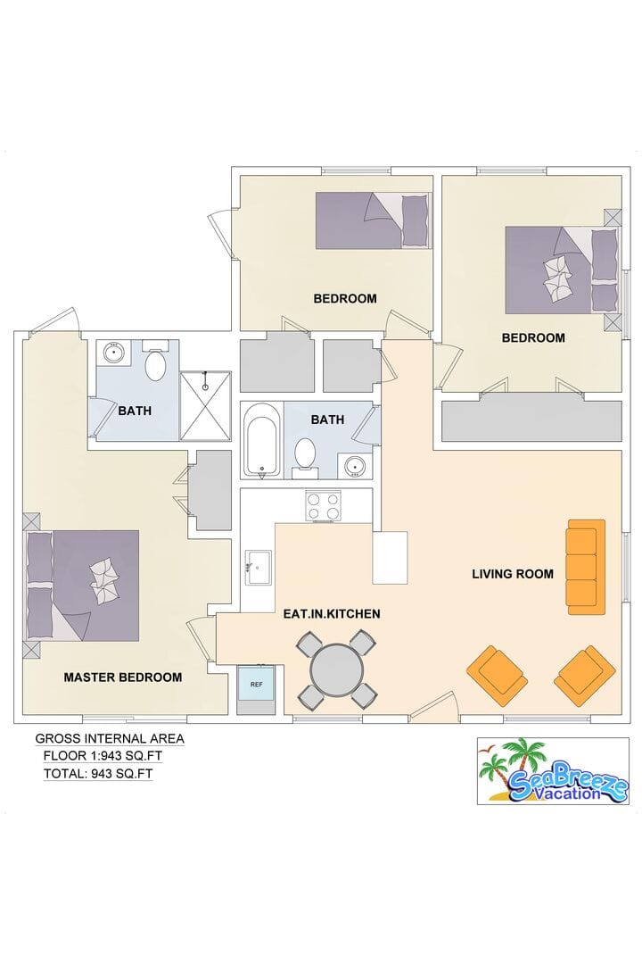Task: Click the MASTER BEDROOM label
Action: pos(123,677)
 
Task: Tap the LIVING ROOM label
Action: pos(513,574)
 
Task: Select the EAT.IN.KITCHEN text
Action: pos(332,613)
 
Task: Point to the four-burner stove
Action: pos(323,507)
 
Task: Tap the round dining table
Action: pos(337,669)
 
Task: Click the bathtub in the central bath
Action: pos(263,439)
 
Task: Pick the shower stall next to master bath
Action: pos(205,406)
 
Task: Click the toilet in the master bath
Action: pos(155,361)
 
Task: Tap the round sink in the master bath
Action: pos(113,353)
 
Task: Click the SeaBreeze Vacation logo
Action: pos(553,771)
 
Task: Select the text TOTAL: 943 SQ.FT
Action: pos(98,774)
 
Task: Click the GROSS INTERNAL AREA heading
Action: pos(110,738)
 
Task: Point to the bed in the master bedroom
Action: pos(83,586)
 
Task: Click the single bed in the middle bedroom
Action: pos(373,220)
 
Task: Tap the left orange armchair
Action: pos(498,675)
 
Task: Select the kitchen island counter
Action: pos(391,558)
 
